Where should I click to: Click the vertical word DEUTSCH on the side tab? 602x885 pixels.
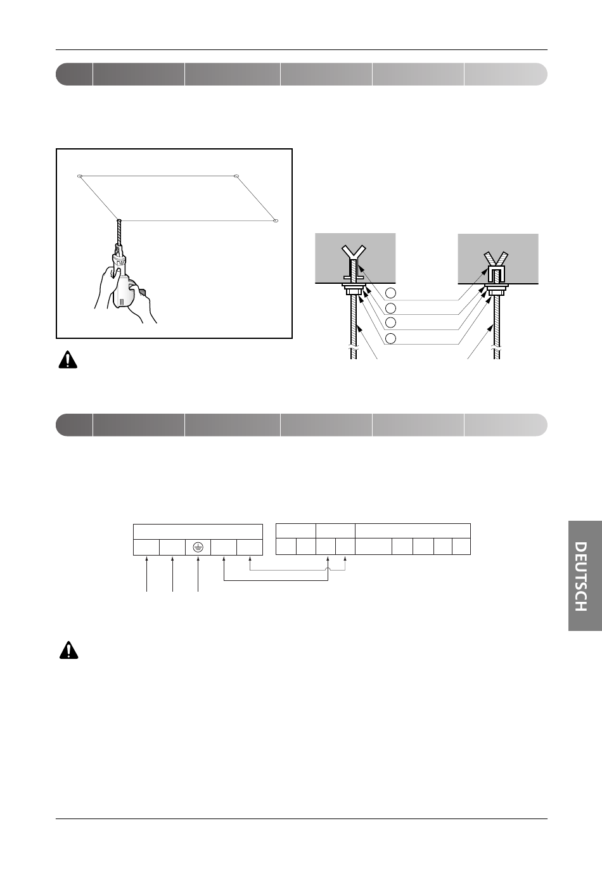[x=580, y=576]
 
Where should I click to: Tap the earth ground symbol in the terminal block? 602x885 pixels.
[x=198, y=547]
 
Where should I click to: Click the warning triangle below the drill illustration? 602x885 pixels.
[x=68, y=360]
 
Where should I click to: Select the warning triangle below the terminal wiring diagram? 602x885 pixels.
[x=69, y=651]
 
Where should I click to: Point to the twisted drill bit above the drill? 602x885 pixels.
[x=118, y=232]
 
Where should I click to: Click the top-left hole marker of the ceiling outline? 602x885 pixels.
[x=79, y=176]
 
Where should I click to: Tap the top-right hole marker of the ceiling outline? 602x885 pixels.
[x=236, y=175]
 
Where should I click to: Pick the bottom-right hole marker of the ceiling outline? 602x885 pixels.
[x=276, y=220]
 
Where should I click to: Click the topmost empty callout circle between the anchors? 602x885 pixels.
[x=390, y=293]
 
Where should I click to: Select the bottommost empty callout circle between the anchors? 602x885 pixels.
[x=390, y=338]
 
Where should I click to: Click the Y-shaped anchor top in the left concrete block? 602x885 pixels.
[x=354, y=253]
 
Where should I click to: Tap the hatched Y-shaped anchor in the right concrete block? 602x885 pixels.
[x=496, y=258]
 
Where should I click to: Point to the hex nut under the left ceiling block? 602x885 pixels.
[x=354, y=291]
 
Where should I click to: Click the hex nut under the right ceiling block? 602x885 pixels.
[x=496, y=291]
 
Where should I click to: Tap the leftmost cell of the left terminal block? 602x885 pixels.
[x=146, y=547]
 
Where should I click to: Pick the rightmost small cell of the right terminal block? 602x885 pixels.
[x=461, y=547]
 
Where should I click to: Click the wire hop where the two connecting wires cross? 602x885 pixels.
[x=328, y=570]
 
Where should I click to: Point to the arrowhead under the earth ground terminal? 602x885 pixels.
[x=198, y=558]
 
